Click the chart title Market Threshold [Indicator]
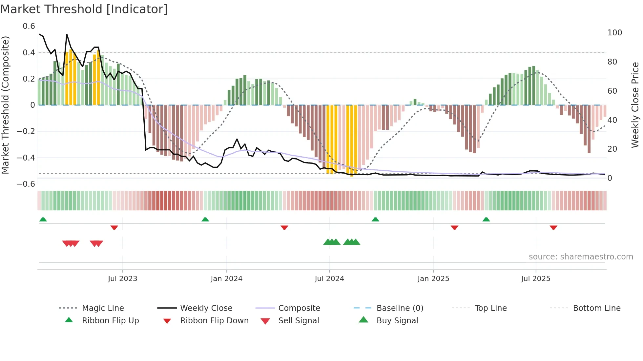pyautogui.click(x=84, y=9)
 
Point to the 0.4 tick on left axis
pyautogui.click(x=29, y=52)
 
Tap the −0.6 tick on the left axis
pyautogui.click(x=26, y=184)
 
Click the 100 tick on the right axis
pyautogui.click(x=614, y=33)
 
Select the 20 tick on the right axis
pyautogui.click(x=612, y=149)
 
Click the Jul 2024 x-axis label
pyautogui.click(x=329, y=279)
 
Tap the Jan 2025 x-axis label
pyautogui.click(x=433, y=279)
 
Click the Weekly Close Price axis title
pyautogui.click(x=635, y=105)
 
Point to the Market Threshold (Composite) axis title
pyautogui.click(x=5, y=105)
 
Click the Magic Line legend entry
pyautogui.click(x=103, y=308)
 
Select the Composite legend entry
pyautogui.click(x=299, y=308)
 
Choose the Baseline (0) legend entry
pyautogui.click(x=400, y=308)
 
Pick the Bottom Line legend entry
pyautogui.click(x=596, y=308)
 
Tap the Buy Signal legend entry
pyautogui.click(x=397, y=321)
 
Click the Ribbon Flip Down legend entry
pyautogui.click(x=214, y=321)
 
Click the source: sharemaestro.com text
pyautogui.click(x=581, y=257)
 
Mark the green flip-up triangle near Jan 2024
pyautogui.click(x=205, y=219)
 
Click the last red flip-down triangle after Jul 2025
pyautogui.click(x=553, y=227)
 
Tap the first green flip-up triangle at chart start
pyautogui.click(x=43, y=219)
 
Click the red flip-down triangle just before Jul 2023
pyautogui.click(x=114, y=227)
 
